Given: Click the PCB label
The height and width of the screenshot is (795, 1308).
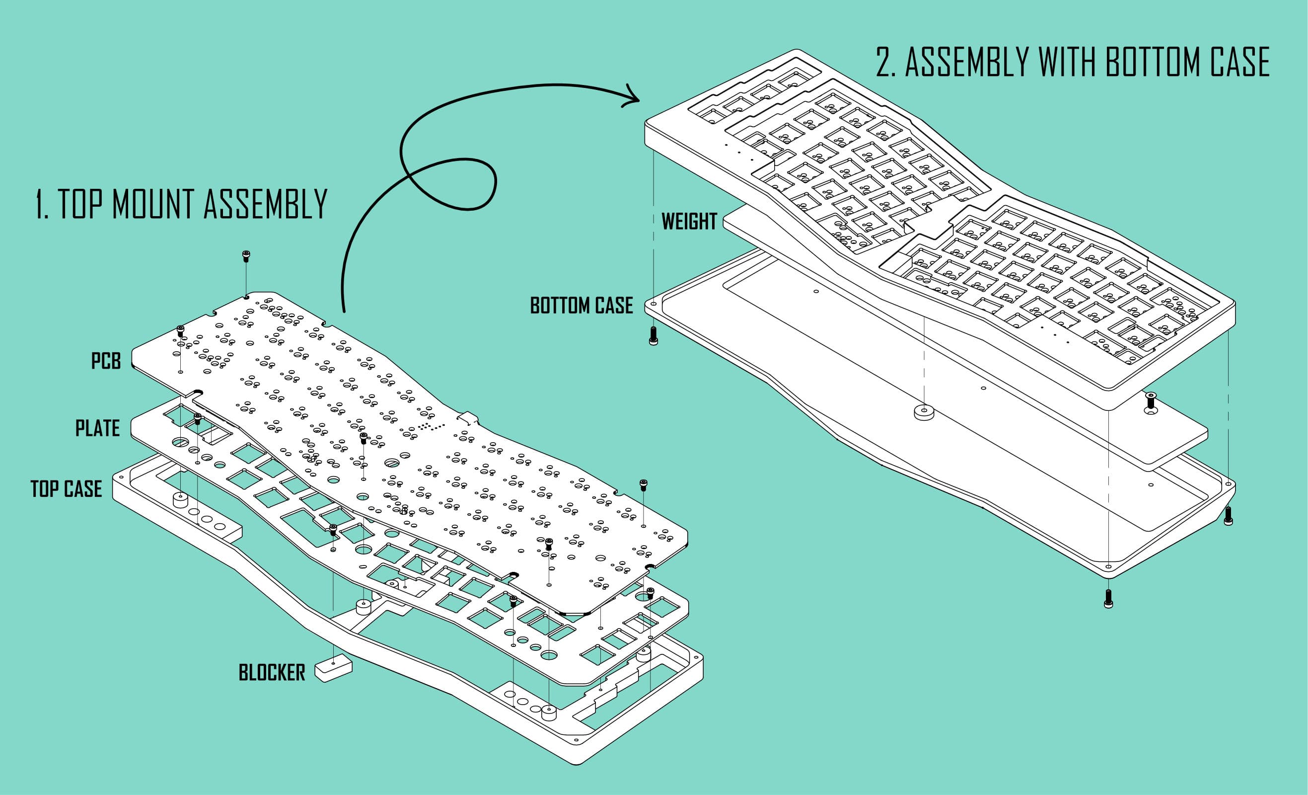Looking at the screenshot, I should pyautogui.click(x=106, y=361).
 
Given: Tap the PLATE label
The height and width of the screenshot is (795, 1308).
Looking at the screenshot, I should pyautogui.click(x=98, y=428).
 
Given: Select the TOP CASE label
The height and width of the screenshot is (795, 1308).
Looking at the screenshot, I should pyautogui.click(x=67, y=488).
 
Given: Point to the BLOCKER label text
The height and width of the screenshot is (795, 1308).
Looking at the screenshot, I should pyautogui.click(x=272, y=673).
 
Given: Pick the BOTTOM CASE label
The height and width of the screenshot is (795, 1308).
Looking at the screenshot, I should pyautogui.click(x=581, y=306).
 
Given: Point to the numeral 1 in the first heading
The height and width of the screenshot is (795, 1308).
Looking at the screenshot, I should pyautogui.click(x=41, y=204).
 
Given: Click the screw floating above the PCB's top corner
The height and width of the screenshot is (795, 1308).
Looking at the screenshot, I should pyautogui.click(x=246, y=256).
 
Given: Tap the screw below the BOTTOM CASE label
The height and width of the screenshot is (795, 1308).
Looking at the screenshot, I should pyautogui.click(x=654, y=335).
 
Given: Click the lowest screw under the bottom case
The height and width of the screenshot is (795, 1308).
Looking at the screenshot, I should pyautogui.click(x=1108, y=599).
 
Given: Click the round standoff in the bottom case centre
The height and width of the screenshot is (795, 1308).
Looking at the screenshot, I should pyautogui.click(x=924, y=412).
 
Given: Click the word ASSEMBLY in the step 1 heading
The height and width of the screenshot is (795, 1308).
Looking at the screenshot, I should pyautogui.click(x=265, y=204).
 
